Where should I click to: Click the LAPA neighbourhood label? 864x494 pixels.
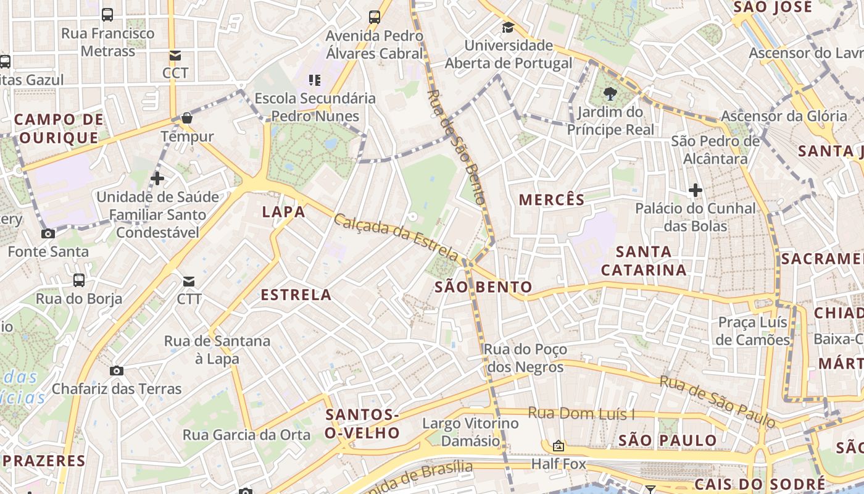pos(283,212)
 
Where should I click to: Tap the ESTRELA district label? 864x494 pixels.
pos(296,295)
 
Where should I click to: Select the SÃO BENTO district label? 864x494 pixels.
pos(483,287)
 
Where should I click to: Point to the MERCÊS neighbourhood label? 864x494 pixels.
pos(552,199)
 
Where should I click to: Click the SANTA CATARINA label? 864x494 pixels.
pos(644,261)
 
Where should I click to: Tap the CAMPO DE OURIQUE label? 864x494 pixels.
pos(58,128)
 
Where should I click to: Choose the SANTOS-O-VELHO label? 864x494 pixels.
pos(362,424)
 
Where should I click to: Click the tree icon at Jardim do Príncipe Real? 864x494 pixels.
pos(610,94)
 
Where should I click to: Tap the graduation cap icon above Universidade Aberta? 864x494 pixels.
pos(508,28)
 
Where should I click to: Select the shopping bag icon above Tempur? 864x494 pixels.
pos(187,118)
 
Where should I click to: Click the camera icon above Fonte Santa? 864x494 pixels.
pos(48,233)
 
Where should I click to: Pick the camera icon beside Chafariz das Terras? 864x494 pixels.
pos(116,371)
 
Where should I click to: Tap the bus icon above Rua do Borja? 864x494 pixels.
pos(79,280)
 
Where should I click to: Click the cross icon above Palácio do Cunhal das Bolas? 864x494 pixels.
pos(696,190)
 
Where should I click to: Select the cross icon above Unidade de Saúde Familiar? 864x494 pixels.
pos(157,178)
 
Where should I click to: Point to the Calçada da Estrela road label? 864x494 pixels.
pos(397,237)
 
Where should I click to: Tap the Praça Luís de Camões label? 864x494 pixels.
pos(754,331)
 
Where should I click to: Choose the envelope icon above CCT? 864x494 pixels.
pos(175,56)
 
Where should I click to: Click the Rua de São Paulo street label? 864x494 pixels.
pos(717,401)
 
